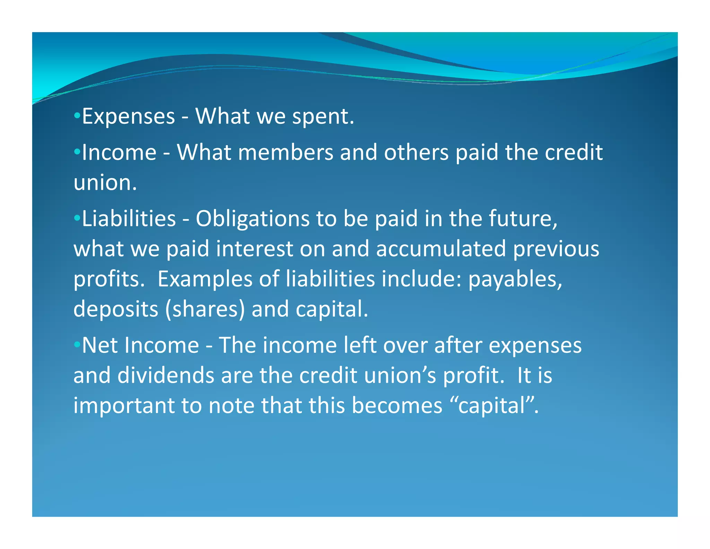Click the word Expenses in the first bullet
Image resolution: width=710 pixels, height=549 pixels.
(128, 117)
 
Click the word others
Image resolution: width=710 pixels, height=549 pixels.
(416, 153)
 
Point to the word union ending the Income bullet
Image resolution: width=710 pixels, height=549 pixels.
(105, 183)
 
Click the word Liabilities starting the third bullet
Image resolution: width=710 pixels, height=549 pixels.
(129, 219)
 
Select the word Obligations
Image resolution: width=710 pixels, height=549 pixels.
(252, 219)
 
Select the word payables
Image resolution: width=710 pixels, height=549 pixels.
(515, 279)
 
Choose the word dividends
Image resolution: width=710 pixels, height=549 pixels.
(166, 376)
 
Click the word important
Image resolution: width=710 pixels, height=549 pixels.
(124, 406)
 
